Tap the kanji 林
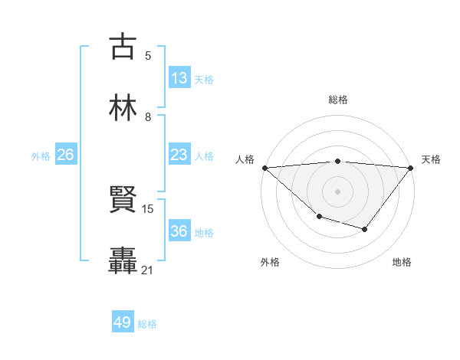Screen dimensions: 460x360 123,107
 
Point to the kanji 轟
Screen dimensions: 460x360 123,260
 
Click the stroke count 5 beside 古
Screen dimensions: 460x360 147,55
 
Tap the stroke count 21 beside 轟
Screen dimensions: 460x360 148,270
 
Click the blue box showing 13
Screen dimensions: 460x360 179,78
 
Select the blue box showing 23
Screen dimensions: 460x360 179,155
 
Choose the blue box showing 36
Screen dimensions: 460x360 179,231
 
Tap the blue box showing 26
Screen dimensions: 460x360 66,155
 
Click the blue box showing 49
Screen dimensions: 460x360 123,322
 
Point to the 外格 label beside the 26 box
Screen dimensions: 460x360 41,155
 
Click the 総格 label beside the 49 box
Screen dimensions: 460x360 148,323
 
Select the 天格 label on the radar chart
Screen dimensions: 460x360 431,159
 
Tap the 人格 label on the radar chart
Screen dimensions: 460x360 245,159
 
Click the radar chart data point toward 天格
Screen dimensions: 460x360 411,167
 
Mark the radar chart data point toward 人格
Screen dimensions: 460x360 264,167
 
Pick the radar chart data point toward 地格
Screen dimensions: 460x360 365,229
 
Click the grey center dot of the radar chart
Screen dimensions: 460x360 337,191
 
